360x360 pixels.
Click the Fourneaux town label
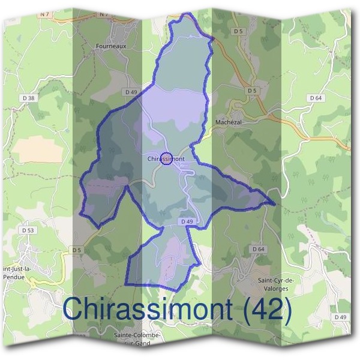point(111,45)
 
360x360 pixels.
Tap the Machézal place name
point(228,122)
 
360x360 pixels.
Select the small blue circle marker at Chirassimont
point(167,158)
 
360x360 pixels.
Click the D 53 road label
point(28,230)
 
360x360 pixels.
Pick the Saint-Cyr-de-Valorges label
point(275,285)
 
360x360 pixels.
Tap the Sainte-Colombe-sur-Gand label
point(137,339)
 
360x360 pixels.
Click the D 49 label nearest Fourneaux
point(132,91)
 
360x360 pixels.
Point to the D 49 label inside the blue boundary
point(186,221)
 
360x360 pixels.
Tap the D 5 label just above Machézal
point(251,91)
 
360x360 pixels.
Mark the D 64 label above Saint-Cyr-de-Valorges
point(258,248)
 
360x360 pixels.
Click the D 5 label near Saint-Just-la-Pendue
point(76,250)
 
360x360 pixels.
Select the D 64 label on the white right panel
point(316,97)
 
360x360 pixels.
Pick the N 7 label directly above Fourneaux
point(103,13)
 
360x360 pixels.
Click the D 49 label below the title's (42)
point(340,317)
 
